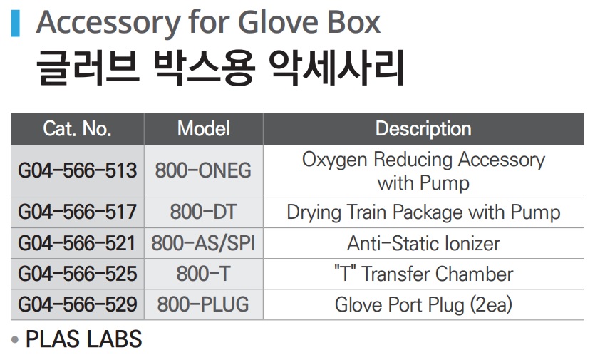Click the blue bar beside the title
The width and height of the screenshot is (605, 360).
tap(16, 23)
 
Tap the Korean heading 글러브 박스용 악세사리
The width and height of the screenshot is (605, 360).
tap(220, 67)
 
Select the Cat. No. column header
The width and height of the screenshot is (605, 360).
tap(77, 128)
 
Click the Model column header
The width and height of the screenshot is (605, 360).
tap(204, 128)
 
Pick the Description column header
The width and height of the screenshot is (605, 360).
tap(423, 129)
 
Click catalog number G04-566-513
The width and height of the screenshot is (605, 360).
tap(77, 170)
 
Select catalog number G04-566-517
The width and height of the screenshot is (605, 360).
tap(77, 212)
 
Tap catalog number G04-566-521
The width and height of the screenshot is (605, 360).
tap(77, 243)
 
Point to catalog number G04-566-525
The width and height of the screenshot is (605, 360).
tap(77, 274)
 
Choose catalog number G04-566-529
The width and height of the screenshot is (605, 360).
tap(77, 304)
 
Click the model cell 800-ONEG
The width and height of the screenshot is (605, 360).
tap(203, 170)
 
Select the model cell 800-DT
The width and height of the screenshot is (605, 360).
tap(203, 212)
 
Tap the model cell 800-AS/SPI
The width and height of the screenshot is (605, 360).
tap(203, 243)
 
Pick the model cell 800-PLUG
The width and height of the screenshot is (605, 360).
tap(203, 304)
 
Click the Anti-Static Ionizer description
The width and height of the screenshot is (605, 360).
tap(423, 244)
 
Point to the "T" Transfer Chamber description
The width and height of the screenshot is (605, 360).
tap(424, 274)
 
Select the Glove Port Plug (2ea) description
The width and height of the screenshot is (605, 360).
tap(423, 305)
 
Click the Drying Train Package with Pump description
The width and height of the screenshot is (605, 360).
tap(423, 212)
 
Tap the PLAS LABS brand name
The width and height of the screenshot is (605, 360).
tap(83, 339)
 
